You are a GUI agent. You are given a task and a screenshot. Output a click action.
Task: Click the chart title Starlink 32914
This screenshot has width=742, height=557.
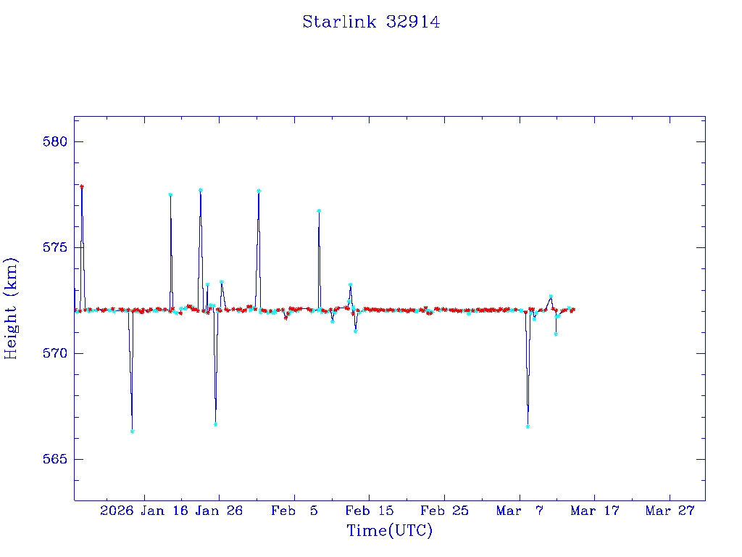point(371,22)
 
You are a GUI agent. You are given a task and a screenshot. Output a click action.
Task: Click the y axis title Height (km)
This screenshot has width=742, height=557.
point(12,308)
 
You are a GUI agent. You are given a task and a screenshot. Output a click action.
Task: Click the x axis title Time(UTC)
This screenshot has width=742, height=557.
point(390,531)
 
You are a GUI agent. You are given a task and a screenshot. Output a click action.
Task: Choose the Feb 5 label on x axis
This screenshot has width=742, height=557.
point(295,511)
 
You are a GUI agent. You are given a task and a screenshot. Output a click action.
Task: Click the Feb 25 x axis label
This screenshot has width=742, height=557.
point(445,511)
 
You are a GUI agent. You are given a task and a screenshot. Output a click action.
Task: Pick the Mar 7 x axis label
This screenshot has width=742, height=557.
point(520,511)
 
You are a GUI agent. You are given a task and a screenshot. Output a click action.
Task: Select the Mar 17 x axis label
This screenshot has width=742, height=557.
point(595,511)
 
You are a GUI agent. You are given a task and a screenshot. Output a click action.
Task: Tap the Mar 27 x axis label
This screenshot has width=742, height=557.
point(670,511)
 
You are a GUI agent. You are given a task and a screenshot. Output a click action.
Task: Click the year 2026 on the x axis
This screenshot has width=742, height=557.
point(117,511)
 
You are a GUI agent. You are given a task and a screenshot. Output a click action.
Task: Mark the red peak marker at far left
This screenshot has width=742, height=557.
point(82,186)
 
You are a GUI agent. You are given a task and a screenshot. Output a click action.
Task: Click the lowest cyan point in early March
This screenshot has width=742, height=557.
point(528,426)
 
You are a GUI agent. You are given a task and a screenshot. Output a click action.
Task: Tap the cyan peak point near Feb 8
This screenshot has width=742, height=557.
point(319,210)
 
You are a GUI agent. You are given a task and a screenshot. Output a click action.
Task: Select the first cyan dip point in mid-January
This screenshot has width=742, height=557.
point(133,432)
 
